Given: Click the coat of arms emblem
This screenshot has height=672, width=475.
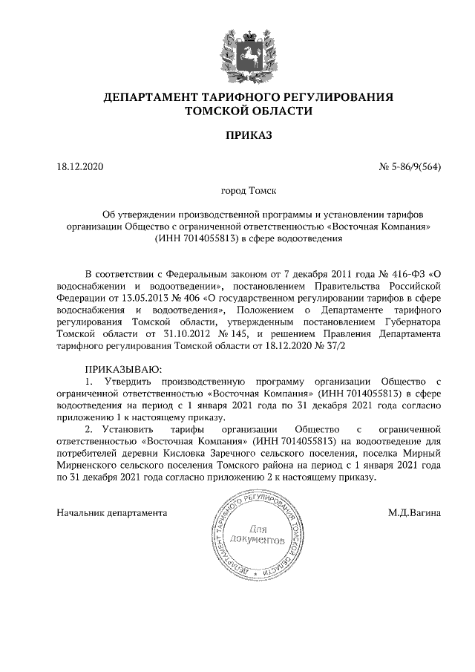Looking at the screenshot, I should tap(249, 50).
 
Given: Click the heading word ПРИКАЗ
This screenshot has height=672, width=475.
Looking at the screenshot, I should tap(249, 135).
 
